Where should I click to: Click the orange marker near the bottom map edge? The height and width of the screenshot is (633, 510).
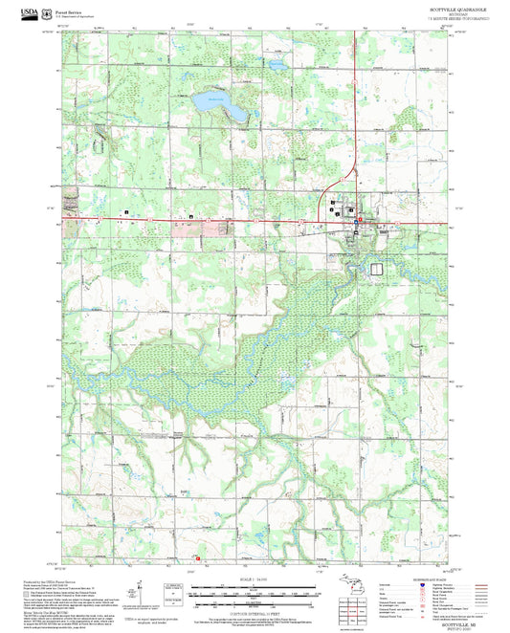[198, 559]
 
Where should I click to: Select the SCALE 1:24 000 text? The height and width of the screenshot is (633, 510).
[255, 579]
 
